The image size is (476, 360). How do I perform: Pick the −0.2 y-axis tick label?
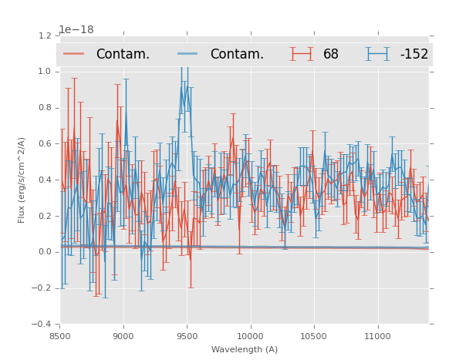44,288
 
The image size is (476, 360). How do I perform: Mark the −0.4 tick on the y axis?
44,324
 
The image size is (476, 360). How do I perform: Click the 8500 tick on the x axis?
60,337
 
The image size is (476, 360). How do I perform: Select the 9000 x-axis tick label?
123,337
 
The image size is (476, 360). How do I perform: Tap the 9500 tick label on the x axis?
187,337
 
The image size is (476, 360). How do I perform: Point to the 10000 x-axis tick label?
250,337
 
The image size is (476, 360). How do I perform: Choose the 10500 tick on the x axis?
314,337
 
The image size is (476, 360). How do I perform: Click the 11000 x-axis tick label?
377,337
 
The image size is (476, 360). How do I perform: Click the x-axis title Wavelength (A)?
245,349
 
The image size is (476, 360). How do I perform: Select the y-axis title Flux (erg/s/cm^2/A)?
22,180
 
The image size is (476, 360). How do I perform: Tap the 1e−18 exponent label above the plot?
76,30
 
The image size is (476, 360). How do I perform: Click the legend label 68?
331,54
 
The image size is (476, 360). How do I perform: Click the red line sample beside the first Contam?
74,54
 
